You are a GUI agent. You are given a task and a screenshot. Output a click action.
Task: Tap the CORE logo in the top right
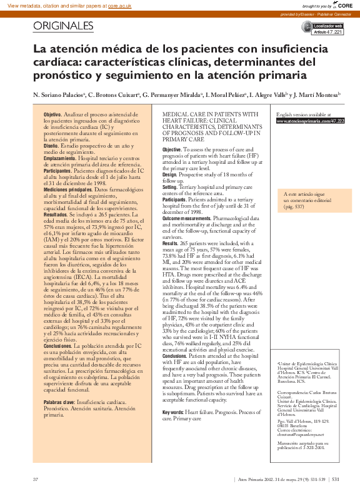345,4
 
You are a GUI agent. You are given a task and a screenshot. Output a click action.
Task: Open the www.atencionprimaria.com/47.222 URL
310,121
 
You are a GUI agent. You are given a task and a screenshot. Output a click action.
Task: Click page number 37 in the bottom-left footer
36,479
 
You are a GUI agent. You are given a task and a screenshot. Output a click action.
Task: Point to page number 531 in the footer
336,479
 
